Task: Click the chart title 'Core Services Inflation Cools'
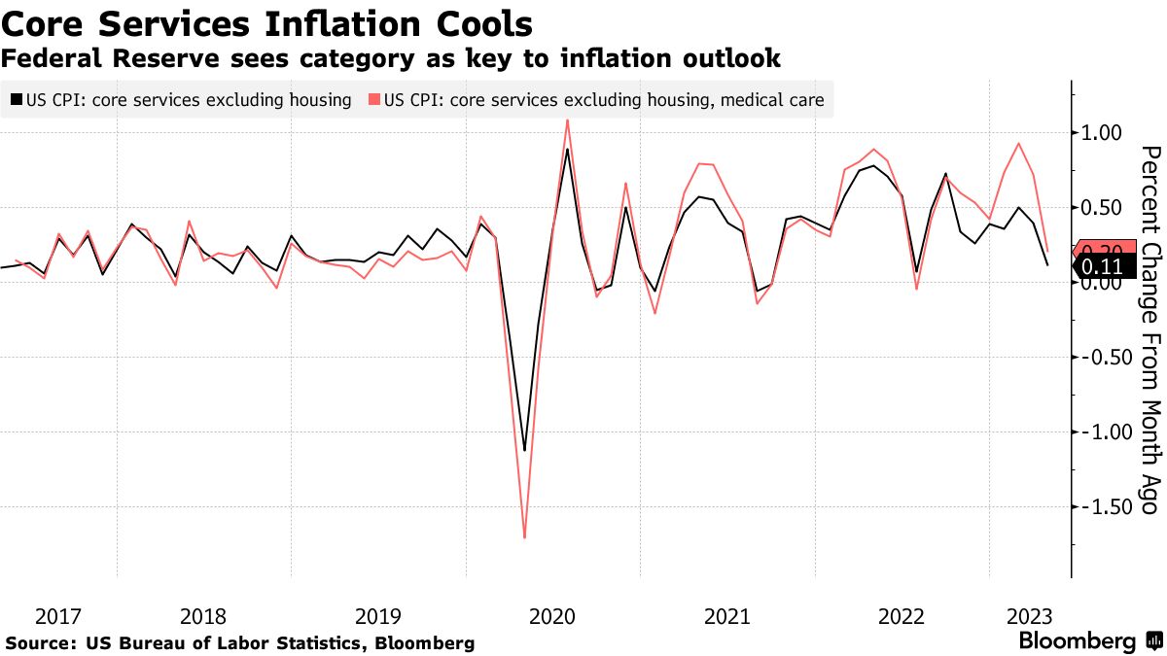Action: pyautogui.click(x=267, y=22)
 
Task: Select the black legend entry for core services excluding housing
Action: pyautogui.click(x=180, y=99)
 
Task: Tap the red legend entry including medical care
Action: pyautogui.click(x=596, y=99)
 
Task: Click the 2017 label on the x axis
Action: pyautogui.click(x=58, y=616)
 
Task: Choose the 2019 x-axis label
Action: pyautogui.click(x=378, y=616)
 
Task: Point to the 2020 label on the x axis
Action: pyautogui.click(x=552, y=616)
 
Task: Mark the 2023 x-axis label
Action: pyautogui.click(x=1029, y=616)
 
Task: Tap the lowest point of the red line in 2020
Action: pyautogui.click(x=525, y=537)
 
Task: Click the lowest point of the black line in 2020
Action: pyautogui.click(x=525, y=450)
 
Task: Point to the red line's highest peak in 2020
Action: pyautogui.click(x=568, y=120)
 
